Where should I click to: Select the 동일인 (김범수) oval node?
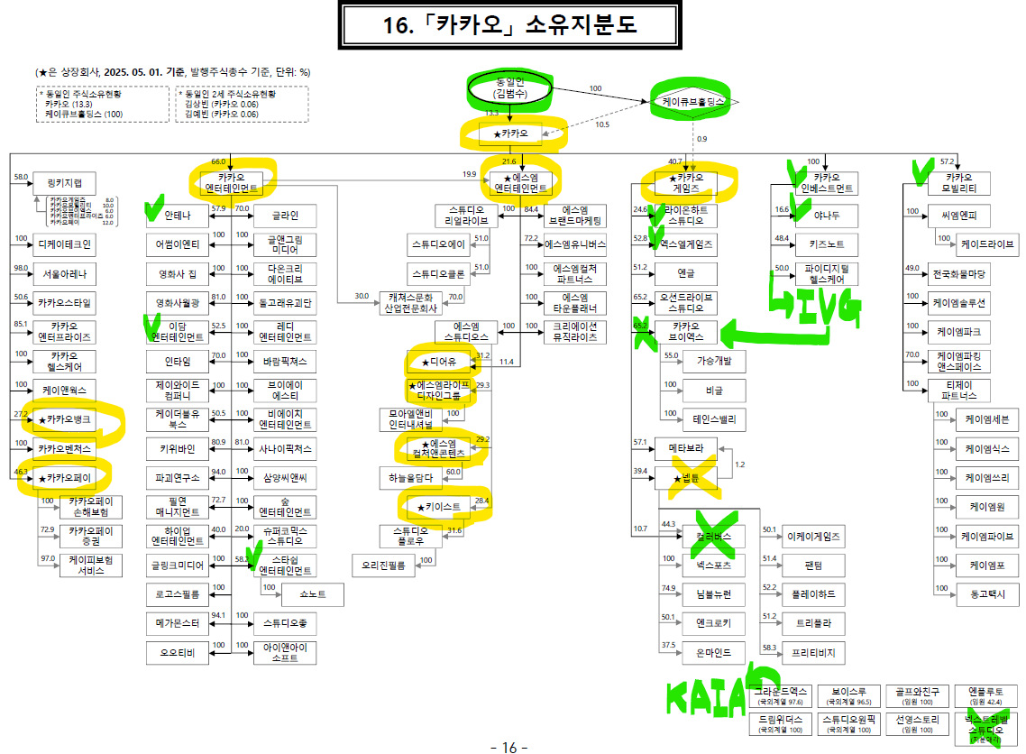click(509, 87)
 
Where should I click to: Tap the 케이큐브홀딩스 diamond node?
click(694, 103)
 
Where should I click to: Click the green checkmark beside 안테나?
click(153, 212)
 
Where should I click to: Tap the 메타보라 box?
click(692, 446)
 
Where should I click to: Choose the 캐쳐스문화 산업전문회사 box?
click(412, 302)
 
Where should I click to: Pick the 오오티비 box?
click(178, 652)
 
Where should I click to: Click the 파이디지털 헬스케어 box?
click(826, 273)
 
